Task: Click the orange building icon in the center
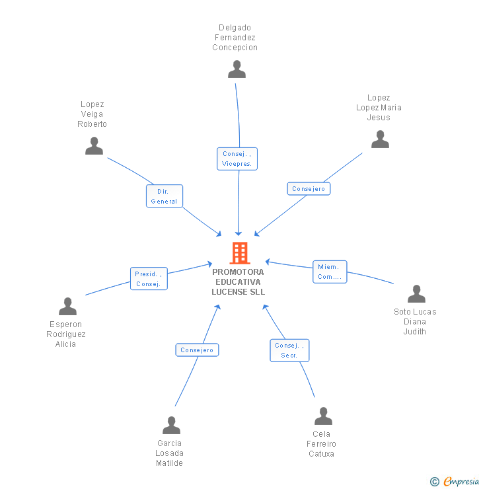(240, 253)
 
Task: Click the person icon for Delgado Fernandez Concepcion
(237, 69)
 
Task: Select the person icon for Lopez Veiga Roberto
(94, 146)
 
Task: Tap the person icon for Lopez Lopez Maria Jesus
(380, 139)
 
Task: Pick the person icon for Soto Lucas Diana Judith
(416, 294)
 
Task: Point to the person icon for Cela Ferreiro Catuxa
(323, 416)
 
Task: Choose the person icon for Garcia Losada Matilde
(172, 426)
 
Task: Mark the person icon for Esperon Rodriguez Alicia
(67, 307)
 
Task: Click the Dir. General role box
(164, 196)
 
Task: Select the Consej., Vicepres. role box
(237, 159)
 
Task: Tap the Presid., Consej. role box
(149, 279)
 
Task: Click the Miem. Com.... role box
(329, 272)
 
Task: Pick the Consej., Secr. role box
(289, 350)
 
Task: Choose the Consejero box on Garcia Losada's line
(197, 350)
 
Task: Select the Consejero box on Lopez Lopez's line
(309, 188)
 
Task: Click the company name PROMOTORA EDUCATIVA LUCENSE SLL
(238, 282)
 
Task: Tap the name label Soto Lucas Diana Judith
(415, 322)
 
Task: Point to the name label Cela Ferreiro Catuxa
(322, 443)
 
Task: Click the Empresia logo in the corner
(455, 481)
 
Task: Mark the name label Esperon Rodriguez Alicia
(66, 334)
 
